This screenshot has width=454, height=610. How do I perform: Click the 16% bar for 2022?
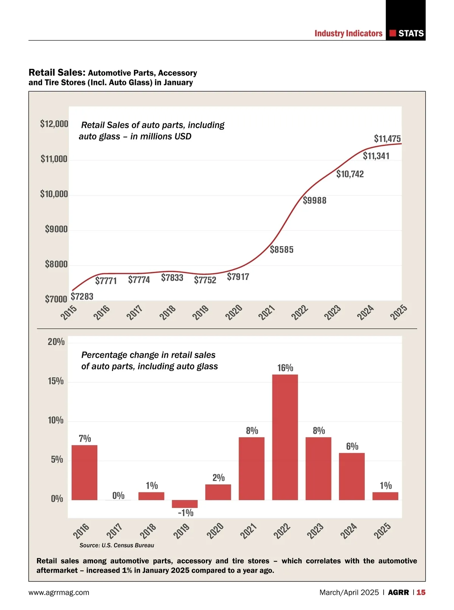pyautogui.click(x=285, y=437)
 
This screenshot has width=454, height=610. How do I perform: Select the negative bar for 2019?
pyautogui.click(x=185, y=504)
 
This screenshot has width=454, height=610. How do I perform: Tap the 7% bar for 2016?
pyautogui.click(x=84, y=472)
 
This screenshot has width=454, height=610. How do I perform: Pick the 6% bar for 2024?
pyautogui.click(x=352, y=476)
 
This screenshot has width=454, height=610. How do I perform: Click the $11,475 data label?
pyautogui.click(x=387, y=139)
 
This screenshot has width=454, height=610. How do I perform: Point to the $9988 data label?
pyautogui.click(x=314, y=200)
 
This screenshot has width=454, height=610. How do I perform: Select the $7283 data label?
pyautogui.click(x=82, y=296)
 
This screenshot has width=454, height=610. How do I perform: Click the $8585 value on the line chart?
pyautogui.click(x=281, y=250)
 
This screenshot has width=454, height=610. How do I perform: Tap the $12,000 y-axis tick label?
pyautogui.click(x=54, y=124)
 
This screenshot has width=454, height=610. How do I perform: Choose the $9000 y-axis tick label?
pyautogui.click(x=56, y=229)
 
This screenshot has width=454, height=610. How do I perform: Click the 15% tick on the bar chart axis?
pyautogui.click(x=56, y=381)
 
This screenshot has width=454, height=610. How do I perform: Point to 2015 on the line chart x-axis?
pyautogui.click(x=69, y=313)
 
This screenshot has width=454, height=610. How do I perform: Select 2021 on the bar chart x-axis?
pyautogui.click(x=249, y=531)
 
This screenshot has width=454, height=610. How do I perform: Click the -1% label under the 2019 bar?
pyautogui.click(x=185, y=513)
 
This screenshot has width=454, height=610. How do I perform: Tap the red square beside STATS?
pyautogui.click(x=393, y=33)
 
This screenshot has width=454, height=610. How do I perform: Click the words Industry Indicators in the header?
pyautogui.click(x=348, y=33)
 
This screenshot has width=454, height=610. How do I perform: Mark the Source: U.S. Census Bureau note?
pyautogui.click(x=117, y=545)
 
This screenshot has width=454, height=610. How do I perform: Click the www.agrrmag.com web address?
pyautogui.click(x=59, y=593)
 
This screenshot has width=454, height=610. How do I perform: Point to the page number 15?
pyautogui.click(x=421, y=593)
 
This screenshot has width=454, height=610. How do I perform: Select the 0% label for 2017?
pyautogui.click(x=118, y=495)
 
